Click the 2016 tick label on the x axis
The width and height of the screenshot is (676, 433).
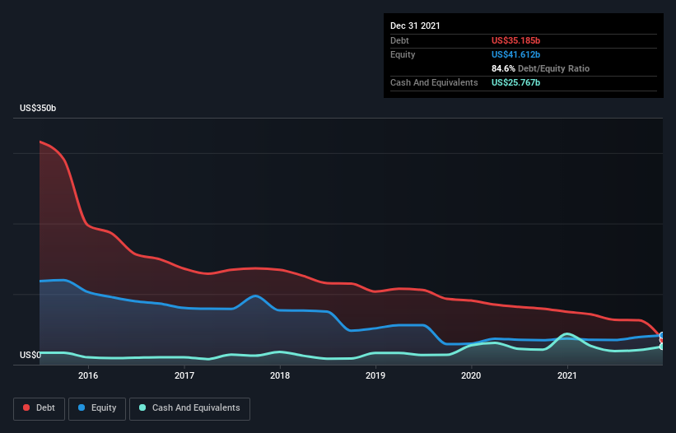pos(88,375)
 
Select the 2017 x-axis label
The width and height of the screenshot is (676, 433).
pos(184,375)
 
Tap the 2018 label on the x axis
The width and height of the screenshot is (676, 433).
pos(280,375)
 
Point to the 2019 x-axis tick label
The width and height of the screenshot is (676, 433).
pos(375,375)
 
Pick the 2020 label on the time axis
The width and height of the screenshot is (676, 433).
pos(471,375)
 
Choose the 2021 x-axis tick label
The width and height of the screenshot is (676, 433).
pos(567,375)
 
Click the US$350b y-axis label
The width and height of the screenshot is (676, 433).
pos(38,108)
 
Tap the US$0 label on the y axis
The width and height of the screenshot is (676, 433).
pos(30,355)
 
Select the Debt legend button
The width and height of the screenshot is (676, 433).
pos(40,408)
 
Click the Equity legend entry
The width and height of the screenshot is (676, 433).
pos(97,408)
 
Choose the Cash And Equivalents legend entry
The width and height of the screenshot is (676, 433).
pos(189,408)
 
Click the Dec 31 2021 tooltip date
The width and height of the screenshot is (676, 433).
pos(415,26)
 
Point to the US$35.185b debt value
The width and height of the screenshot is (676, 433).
pos(515,40)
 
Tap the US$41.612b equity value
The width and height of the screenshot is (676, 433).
pos(515,54)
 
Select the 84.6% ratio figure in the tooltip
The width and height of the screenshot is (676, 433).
pos(503,68)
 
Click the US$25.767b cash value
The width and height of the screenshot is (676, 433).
pos(515,82)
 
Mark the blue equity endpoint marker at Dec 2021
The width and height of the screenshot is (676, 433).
pos(662,335)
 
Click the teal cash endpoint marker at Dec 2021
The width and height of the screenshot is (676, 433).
pos(662,347)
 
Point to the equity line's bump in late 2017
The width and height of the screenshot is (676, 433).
pos(255,296)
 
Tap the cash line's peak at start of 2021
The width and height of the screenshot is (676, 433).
pos(567,334)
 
